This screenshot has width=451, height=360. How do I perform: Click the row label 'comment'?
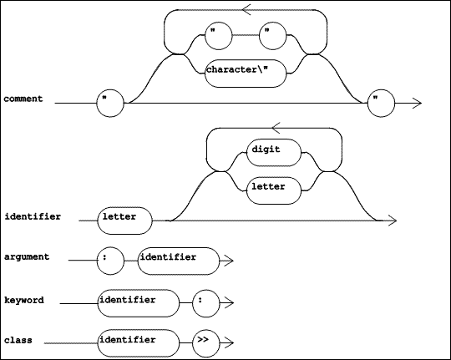[23, 99]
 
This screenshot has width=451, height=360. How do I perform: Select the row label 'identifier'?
[33, 216]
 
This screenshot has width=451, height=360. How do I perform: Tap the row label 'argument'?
[27, 257]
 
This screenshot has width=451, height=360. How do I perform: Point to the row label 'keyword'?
[24, 301]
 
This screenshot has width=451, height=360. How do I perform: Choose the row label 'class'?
[18, 341]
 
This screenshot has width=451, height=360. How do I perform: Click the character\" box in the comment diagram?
[246, 74]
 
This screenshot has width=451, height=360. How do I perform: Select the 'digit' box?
[274, 153]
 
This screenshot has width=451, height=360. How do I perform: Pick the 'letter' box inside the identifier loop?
[274, 190]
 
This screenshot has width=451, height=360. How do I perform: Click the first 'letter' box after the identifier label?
[124, 221]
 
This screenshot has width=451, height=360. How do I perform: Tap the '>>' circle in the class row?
[205, 343]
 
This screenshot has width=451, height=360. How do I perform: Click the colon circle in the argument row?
[110, 261]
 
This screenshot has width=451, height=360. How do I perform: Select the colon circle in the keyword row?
[205, 303]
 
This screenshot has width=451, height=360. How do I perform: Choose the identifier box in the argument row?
[179, 261]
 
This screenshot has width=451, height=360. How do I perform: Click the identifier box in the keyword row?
[138, 303]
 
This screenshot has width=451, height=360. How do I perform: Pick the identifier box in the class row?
[138, 343]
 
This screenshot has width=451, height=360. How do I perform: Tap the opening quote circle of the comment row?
[110, 103]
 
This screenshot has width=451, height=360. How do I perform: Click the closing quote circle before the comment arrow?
[382, 103]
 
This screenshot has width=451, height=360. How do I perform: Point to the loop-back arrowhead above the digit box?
[276, 128]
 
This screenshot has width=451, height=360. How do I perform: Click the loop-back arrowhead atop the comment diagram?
[246, 9]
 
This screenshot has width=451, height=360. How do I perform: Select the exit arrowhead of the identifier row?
[393, 221]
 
